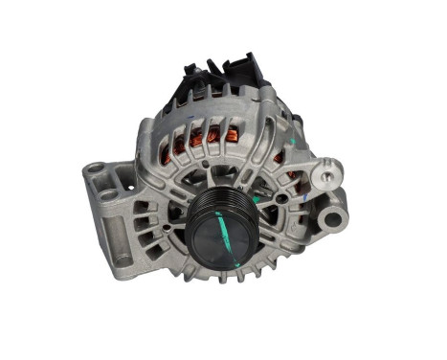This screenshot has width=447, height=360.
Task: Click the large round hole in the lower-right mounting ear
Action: click(332, 219)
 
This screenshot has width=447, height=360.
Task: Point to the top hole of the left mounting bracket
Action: click(96, 169)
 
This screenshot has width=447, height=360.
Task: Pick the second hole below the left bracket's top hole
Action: click(108, 194)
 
